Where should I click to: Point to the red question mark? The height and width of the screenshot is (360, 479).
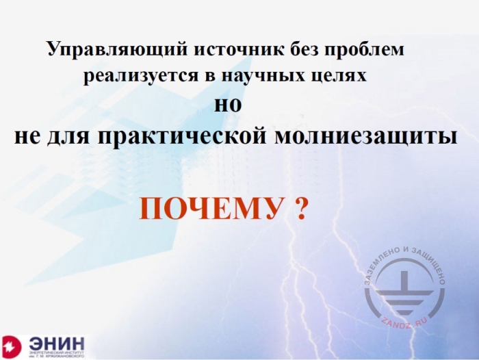(x=298, y=207)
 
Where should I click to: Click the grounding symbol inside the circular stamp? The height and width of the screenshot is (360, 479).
(x=406, y=292)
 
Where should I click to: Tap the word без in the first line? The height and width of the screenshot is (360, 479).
(x=303, y=50)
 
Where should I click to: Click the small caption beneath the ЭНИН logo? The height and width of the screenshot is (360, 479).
(x=57, y=355)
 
